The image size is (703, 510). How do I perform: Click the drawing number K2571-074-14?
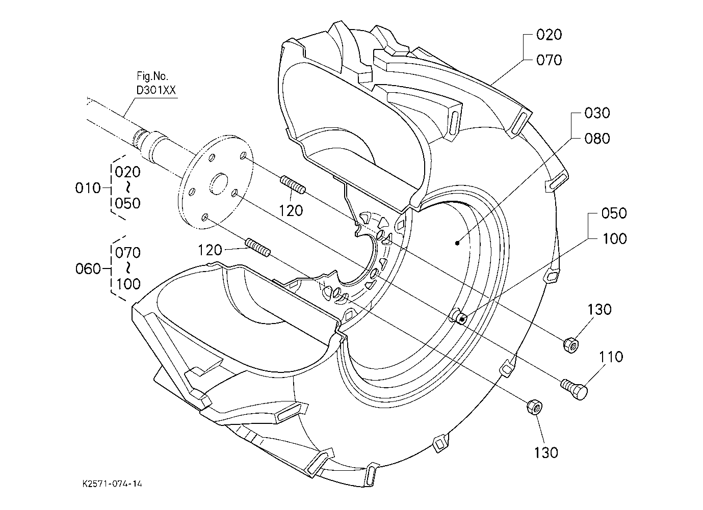112,484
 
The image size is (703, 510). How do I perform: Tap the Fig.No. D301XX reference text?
156,83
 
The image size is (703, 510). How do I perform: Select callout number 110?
611,357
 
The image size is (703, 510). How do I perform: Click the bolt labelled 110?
575,389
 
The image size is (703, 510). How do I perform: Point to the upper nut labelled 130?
571,345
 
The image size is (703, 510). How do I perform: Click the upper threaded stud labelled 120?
293,185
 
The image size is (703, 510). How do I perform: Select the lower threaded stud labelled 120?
257,248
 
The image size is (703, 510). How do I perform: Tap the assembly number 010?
88,188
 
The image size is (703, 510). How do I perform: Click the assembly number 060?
88,269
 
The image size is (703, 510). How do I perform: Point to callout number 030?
597,113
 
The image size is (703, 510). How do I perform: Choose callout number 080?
597,138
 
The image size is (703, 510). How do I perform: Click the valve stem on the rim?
458,318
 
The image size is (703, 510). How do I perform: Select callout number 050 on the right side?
614,213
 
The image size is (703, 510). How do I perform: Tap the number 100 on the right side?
614,238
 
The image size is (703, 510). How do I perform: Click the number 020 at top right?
549,35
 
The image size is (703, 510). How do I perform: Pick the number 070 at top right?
549,60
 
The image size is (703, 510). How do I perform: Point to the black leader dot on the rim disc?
458,243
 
